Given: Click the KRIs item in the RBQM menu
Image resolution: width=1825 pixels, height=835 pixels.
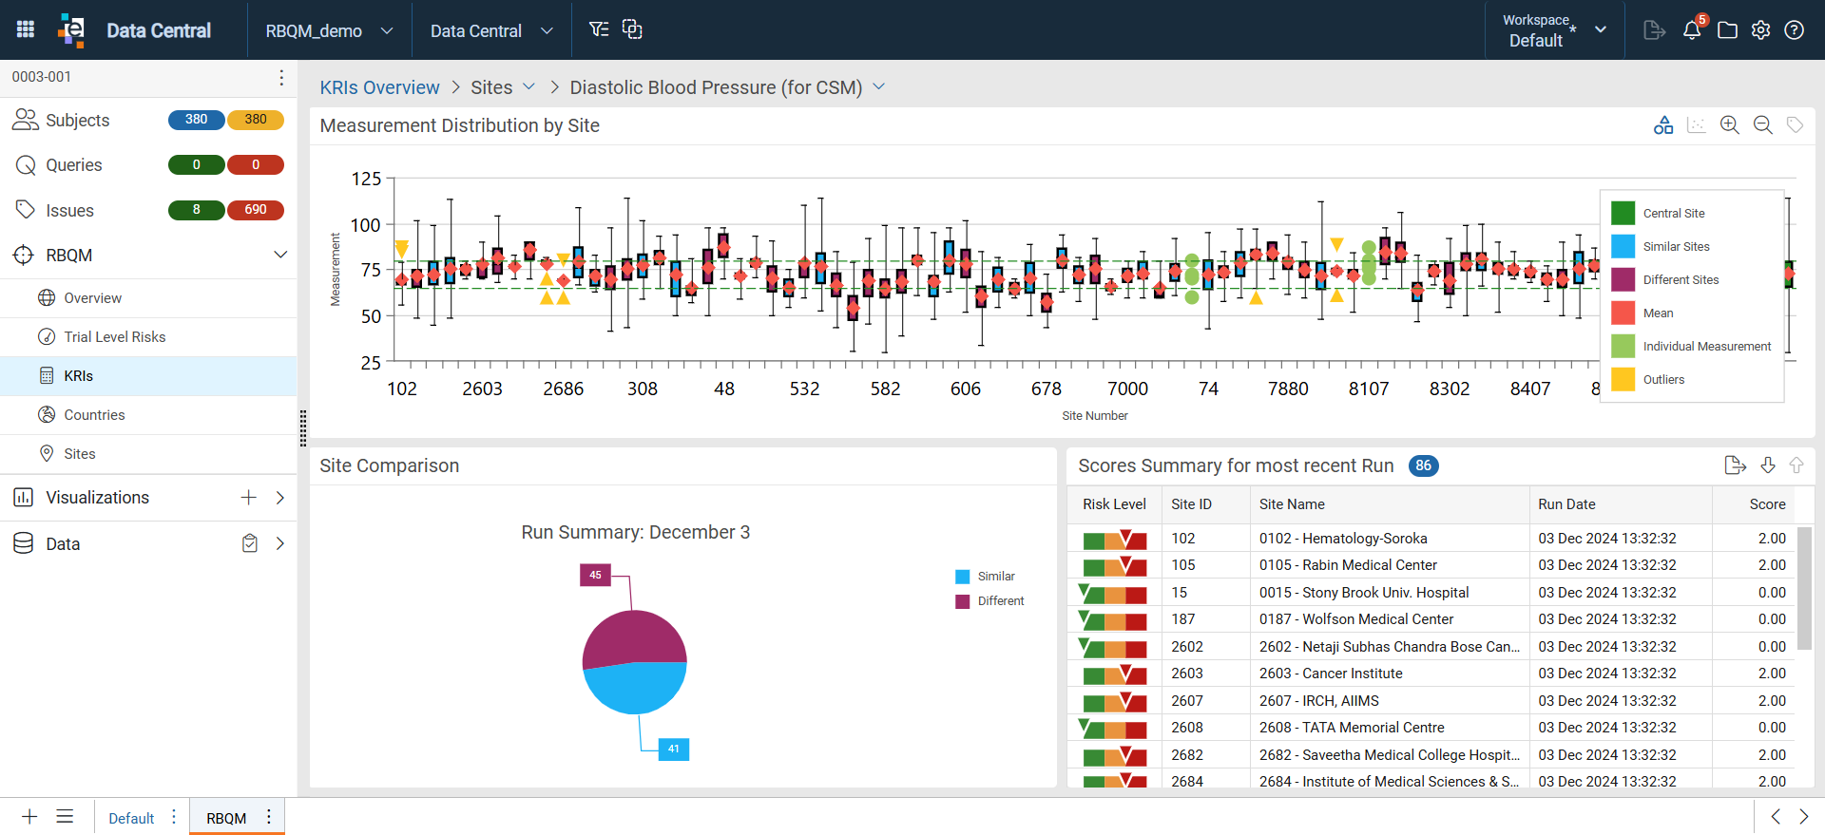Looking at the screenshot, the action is [x=78, y=376].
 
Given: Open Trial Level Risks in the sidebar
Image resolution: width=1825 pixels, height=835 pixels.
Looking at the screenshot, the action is [x=114, y=337].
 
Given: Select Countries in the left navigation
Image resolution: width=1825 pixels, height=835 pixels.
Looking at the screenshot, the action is [x=94, y=415].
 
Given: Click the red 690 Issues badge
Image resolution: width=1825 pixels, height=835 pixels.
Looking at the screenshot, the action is [x=256, y=210].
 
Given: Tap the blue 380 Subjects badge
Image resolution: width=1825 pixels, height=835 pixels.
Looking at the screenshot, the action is [x=197, y=120].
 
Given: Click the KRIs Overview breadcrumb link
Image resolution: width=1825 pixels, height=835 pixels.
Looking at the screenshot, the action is [x=379, y=87].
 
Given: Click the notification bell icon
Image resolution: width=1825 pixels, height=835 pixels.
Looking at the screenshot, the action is [x=1692, y=30].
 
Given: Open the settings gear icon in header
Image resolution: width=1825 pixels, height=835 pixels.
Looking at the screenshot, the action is [x=1760, y=30].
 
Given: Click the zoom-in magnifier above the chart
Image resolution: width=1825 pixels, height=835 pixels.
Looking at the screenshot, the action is [x=1729, y=125].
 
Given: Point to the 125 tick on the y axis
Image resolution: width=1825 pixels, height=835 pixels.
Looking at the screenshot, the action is [x=366, y=179].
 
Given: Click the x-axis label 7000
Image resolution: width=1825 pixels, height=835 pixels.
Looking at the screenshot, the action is [x=1127, y=389].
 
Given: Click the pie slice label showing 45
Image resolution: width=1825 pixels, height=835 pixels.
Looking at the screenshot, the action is [x=595, y=575].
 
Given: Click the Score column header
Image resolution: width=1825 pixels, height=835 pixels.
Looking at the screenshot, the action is [x=1767, y=504].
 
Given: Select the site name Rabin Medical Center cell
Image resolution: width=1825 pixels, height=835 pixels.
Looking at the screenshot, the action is [x=1348, y=565].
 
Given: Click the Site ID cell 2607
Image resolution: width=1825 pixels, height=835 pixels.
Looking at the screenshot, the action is [x=1187, y=701].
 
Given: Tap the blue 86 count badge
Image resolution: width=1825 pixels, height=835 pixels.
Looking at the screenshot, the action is [x=1423, y=465].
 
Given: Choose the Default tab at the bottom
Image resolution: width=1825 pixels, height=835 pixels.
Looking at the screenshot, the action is [x=131, y=818].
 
